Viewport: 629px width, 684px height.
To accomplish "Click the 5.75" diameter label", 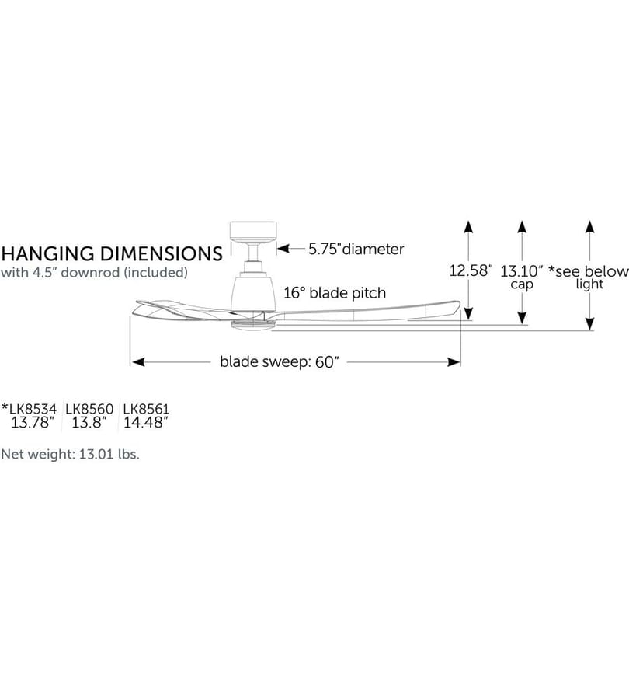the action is coord(356,249).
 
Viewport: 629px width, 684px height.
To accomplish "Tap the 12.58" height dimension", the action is coord(471,270).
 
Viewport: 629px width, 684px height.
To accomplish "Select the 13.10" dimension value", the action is coord(521,271).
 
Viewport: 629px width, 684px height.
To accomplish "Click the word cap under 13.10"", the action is coord(522,284).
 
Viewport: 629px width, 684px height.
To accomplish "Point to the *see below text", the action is coord(588,271).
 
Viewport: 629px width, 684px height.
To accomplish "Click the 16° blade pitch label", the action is coord(335,293).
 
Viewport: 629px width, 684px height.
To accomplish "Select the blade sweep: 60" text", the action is coord(280,361).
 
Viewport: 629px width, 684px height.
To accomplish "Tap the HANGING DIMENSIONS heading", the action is coord(112,254).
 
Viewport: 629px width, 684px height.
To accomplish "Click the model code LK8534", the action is coord(33,409).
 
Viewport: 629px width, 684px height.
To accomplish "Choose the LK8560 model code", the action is coord(89,409).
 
